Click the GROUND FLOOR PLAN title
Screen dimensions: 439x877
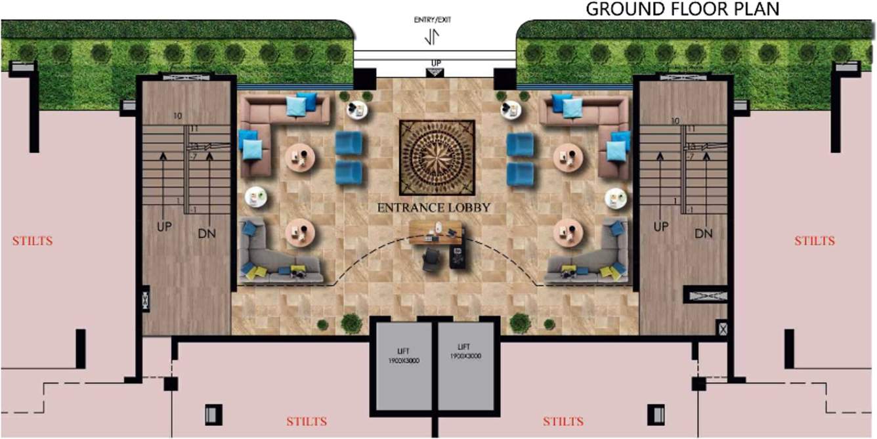682,9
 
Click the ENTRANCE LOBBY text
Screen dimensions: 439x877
434,207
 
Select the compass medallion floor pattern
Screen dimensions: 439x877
437,157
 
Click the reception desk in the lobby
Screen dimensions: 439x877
435,232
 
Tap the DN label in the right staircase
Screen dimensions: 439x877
703,234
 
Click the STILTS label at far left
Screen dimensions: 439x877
32,241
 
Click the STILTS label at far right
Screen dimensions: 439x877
815,241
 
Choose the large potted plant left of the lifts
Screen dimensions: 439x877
351,323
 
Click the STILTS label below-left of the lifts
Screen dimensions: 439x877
307,421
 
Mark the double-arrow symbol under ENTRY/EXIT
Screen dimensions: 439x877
431,37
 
